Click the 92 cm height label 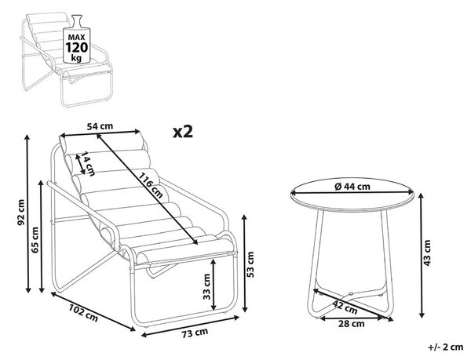[x=21, y=213]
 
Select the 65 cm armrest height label [x=35, y=240]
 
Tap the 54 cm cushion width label [x=100, y=126]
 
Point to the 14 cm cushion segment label [x=88, y=164]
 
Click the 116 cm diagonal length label [x=150, y=186]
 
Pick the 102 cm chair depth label [x=83, y=313]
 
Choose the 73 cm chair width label [x=195, y=333]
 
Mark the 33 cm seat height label [x=206, y=286]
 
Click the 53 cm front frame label [x=250, y=264]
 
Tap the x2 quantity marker [x=183, y=132]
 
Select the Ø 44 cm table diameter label [x=352, y=187]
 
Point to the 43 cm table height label [x=426, y=253]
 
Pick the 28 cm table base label [x=351, y=324]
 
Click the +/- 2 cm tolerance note [x=446, y=347]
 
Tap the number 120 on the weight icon [x=77, y=47]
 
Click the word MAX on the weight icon [x=77, y=38]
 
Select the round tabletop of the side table [x=352, y=195]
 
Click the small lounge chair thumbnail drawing [x=66, y=60]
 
